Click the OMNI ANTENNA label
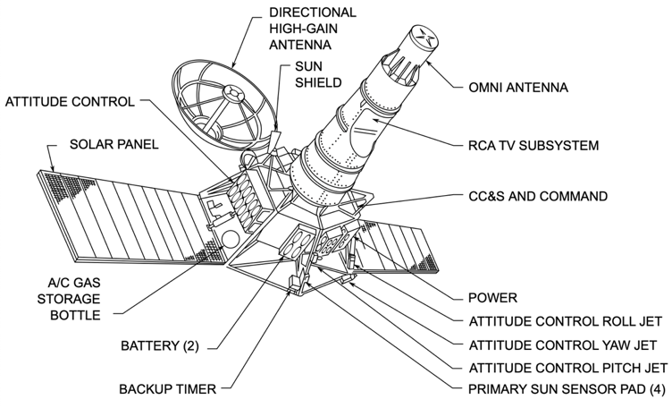[x=518, y=88]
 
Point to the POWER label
[x=493, y=298]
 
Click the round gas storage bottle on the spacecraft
[x=230, y=240]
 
